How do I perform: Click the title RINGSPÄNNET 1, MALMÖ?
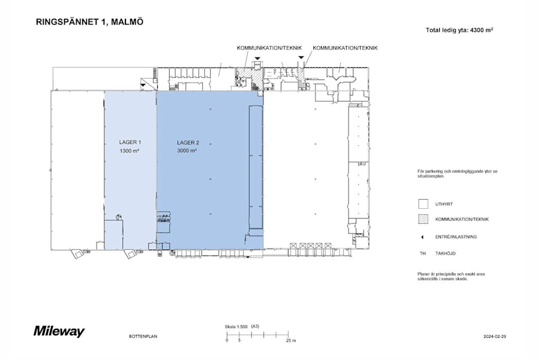point(90,22)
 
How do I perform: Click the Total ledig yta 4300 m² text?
point(459,29)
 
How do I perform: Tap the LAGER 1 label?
point(130,142)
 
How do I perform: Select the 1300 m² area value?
point(130,151)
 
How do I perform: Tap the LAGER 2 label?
point(188,142)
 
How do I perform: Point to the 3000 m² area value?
point(188,151)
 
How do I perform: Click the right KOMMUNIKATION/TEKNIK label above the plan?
point(346,47)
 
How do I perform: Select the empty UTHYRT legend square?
point(422,203)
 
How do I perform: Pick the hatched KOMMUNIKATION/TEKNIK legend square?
point(422,220)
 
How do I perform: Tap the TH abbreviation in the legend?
point(422,254)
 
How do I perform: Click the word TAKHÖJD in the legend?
point(445,254)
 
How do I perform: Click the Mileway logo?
point(59,331)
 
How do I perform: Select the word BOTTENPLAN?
point(143,337)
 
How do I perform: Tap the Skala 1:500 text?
point(236,326)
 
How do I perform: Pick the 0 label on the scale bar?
point(227,340)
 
